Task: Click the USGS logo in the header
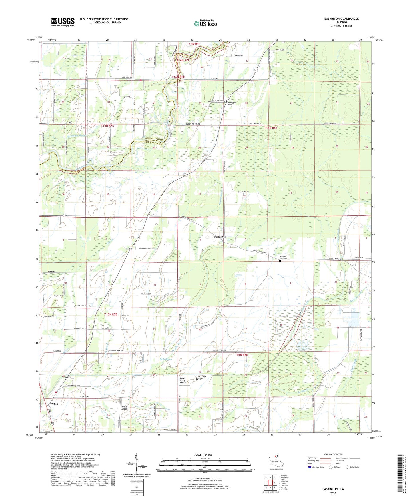(x=63, y=22)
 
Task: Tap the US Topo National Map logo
(x=205, y=23)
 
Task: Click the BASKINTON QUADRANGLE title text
(x=341, y=19)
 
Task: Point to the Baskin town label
(x=54, y=404)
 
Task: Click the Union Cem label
(x=152, y=215)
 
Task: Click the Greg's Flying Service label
(x=182, y=380)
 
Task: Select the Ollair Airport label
(x=124, y=408)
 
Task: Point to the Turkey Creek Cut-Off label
(x=199, y=378)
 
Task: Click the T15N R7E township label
(x=111, y=314)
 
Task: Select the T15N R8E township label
(x=241, y=355)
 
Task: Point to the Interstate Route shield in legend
(x=310, y=467)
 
